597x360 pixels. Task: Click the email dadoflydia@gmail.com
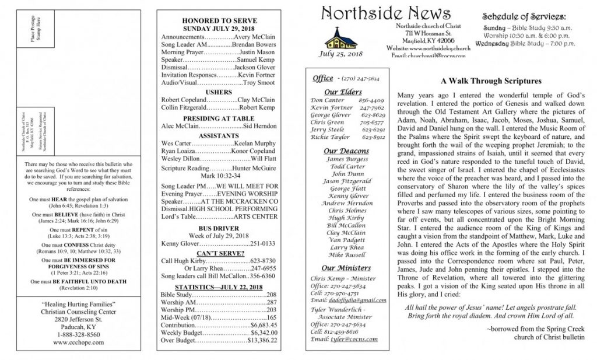coord(357,300)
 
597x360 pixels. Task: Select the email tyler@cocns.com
coord(353,338)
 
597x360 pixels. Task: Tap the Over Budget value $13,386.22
coord(262,340)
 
